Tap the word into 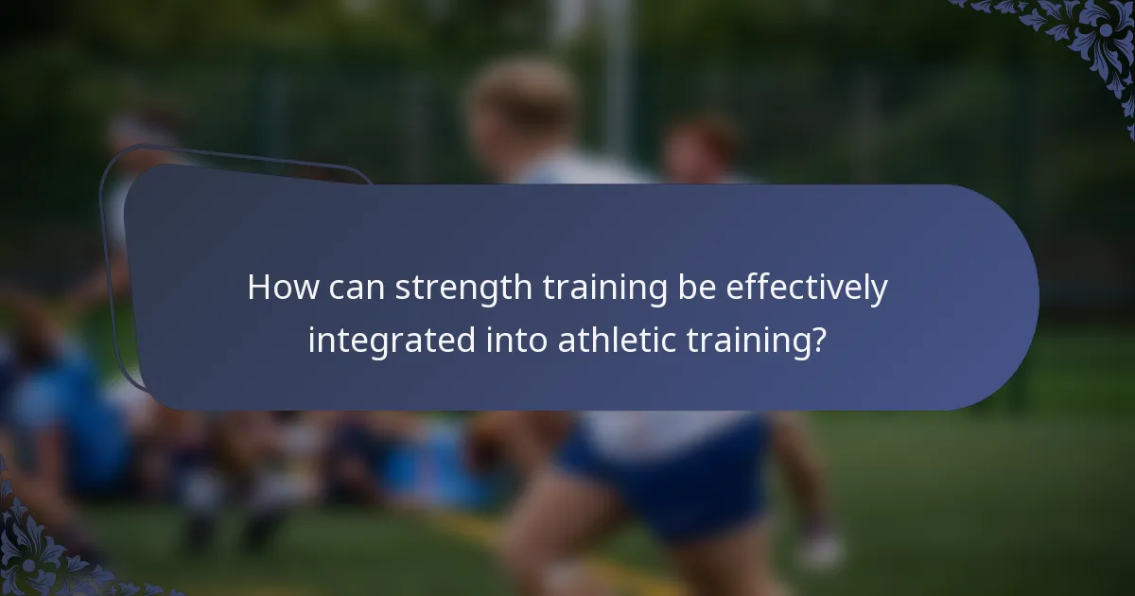click(515, 340)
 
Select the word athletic click(616, 340)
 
